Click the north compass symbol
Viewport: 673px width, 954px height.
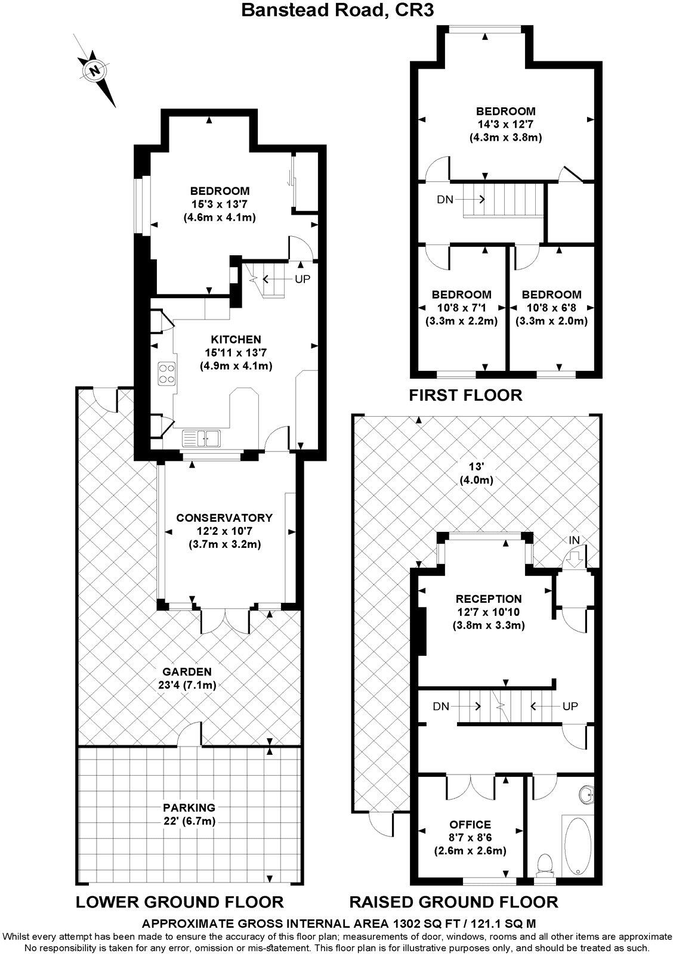(94, 71)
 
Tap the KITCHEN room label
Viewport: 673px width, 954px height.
(236, 339)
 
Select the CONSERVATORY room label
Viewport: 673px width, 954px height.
(224, 518)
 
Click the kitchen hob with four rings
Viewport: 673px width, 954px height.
(166, 374)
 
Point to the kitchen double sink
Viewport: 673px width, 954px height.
(202, 438)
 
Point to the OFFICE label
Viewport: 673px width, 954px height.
(471, 824)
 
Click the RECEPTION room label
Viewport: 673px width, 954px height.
(488, 599)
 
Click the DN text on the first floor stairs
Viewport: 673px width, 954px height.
(445, 200)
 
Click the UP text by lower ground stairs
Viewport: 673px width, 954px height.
(302, 278)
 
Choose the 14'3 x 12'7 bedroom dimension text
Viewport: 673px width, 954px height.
(505, 124)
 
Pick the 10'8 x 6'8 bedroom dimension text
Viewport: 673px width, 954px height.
(551, 308)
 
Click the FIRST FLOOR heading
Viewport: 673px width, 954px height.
(465, 395)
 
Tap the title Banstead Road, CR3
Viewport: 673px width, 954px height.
(336, 10)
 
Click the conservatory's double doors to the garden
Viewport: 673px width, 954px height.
(226, 620)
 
